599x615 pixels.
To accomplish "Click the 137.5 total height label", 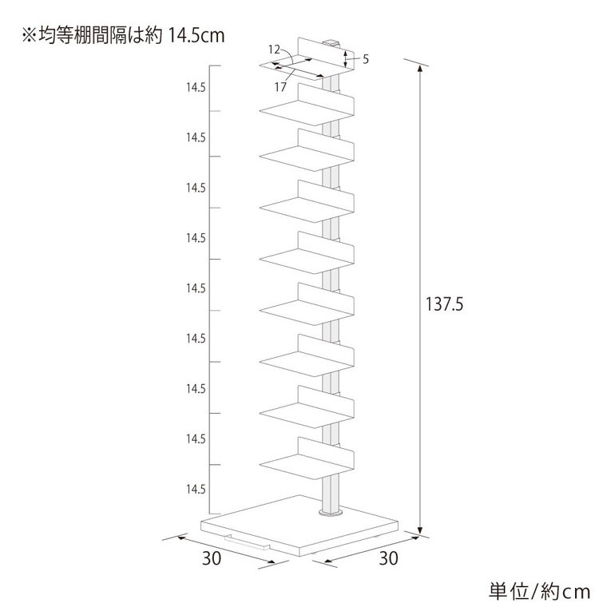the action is (x=444, y=304).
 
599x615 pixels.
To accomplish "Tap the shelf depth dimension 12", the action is (x=274, y=50).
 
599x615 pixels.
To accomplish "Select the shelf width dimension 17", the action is (x=280, y=87).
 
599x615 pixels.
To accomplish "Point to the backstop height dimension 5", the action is (x=366, y=59).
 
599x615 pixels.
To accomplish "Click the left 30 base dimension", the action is (x=212, y=558).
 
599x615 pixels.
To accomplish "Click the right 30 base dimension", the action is (x=388, y=558).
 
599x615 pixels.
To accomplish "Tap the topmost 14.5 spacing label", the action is (x=196, y=88).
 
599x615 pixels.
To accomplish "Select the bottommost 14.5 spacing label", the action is (x=196, y=489).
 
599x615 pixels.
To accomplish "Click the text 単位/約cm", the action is (x=539, y=592).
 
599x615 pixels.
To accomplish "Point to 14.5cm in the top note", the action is (x=196, y=36).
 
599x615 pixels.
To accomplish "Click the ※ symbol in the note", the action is (x=30, y=36).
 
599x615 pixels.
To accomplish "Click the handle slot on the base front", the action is (x=247, y=542).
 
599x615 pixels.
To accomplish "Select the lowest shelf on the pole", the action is (x=307, y=458).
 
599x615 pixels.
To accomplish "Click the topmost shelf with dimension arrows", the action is (x=307, y=59).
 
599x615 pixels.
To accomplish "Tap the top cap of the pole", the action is (x=331, y=42).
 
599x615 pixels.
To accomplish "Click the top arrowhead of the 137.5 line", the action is (x=420, y=69).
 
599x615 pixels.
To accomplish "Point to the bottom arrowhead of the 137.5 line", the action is (x=420, y=530).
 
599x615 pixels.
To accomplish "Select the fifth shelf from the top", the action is (x=307, y=253).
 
